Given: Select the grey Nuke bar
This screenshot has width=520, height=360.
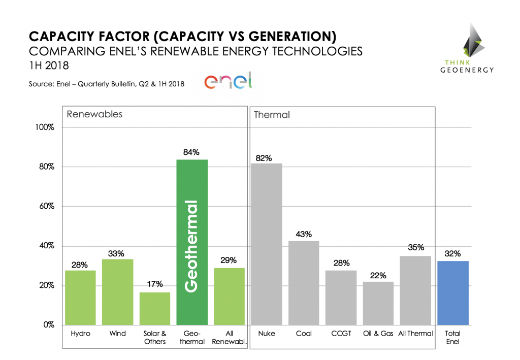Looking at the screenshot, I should [267, 244].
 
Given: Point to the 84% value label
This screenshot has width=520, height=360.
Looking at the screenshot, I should [192, 152].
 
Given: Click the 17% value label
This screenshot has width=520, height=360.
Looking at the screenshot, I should [155, 285].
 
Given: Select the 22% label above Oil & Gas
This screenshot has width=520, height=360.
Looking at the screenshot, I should [378, 275].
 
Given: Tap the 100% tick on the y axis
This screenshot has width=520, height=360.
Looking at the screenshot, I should [44, 127].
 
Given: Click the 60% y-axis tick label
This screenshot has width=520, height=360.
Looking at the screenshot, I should [46, 206].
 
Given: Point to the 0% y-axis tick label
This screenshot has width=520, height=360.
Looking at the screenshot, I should [48, 325].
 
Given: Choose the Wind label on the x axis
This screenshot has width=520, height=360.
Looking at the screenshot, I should [118, 334].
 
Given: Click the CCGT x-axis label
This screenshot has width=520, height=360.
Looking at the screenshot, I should [341, 334].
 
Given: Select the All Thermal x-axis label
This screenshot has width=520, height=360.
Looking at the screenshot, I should [416, 334].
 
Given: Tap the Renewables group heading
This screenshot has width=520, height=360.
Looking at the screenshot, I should [94, 114].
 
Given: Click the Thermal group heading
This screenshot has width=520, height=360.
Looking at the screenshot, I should [272, 115].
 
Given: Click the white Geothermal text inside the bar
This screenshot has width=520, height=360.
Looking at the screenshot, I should [190, 246].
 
